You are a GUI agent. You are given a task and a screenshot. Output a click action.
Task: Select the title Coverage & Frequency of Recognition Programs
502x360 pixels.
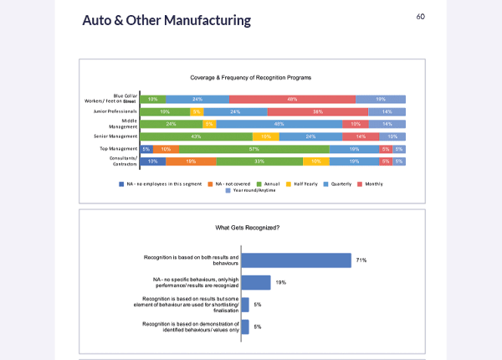(x=251, y=77)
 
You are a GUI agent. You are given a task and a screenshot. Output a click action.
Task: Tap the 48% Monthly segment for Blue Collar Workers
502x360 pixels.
(x=293, y=99)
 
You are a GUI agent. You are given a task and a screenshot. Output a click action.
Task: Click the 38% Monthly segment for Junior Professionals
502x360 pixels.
(x=318, y=111)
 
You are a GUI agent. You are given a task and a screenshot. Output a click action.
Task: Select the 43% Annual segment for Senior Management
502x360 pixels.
(x=196, y=136)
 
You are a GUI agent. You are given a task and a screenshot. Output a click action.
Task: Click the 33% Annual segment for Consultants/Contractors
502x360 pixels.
(x=259, y=161)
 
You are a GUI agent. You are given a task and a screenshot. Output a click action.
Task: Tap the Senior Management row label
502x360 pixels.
(x=116, y=136)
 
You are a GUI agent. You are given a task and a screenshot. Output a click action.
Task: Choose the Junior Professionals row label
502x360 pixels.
(x=115, y=111)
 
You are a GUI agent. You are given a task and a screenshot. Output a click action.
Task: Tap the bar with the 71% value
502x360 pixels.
(x=295, y=260)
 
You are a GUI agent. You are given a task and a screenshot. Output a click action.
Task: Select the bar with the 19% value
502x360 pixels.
(x=255, y=283)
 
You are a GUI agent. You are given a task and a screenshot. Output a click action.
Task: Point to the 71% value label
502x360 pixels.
(x=361, y=260)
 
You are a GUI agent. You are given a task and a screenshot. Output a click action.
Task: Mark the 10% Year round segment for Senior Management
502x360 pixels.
(x=393, y=136)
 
